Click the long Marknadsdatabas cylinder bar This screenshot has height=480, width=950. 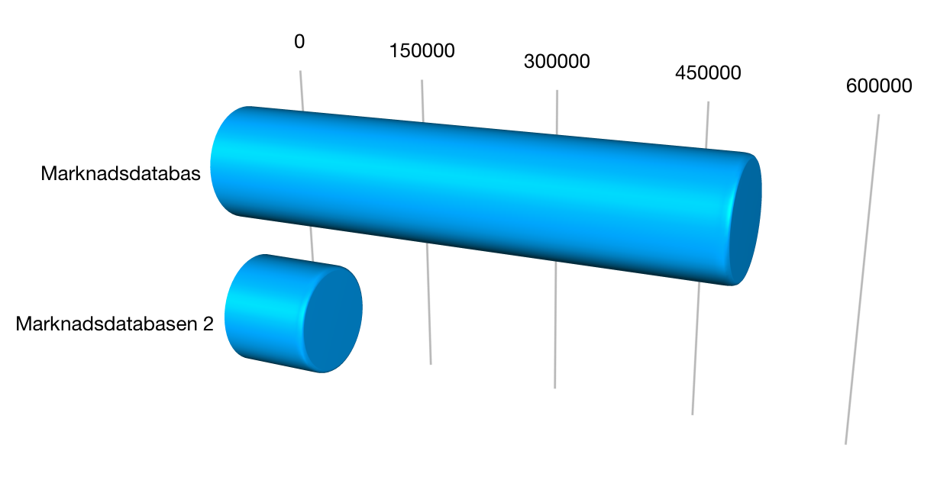(486, 195)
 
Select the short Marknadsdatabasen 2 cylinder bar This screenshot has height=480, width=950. (293, 314)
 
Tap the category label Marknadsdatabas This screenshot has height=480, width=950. (121, 174)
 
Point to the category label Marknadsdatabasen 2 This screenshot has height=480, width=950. (115, 324)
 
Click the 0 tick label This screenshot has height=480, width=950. (299, 41)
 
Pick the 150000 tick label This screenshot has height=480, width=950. (422, 51)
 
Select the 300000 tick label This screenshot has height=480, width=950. (557, 61)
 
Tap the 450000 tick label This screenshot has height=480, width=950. (708, 72)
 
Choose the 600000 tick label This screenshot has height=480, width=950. (879, 86)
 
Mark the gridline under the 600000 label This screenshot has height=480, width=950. (862, 279)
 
